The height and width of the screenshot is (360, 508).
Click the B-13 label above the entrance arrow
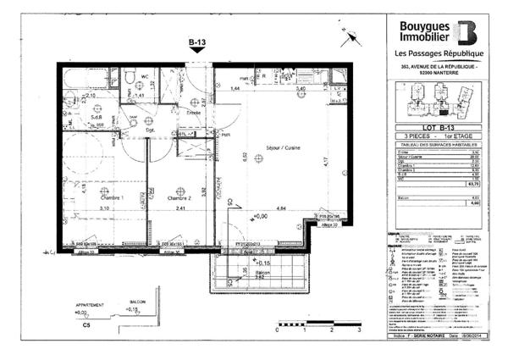(x=196, y=40)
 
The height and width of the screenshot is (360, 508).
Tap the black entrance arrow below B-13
(x=196, y=50)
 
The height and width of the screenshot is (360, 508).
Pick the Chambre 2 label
(x=176, y=197)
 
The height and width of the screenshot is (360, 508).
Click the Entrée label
(x=194, y=112)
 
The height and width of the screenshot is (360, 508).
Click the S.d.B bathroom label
(x=96, y=118)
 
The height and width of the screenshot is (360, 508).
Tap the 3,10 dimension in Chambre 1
(x=104, y=208)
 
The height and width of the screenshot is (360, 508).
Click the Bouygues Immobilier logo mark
(x=467, y=31)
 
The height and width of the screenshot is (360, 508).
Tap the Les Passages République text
(x=439, y=55)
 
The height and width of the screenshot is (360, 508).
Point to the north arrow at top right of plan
(x=346, y=39)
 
